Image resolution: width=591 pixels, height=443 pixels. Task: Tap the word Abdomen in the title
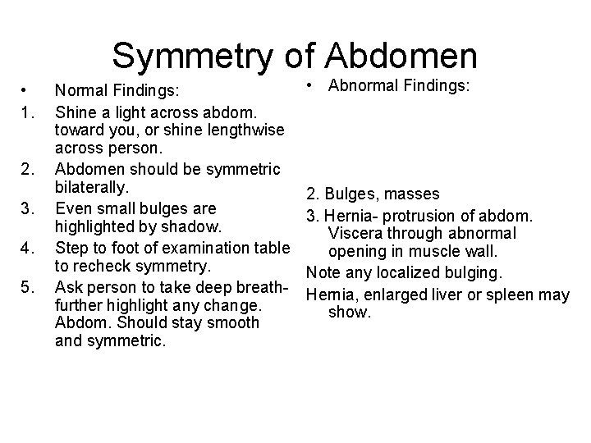(401, 56)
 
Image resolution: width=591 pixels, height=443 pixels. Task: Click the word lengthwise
(244, 130)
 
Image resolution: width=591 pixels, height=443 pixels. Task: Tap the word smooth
(233, 323)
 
